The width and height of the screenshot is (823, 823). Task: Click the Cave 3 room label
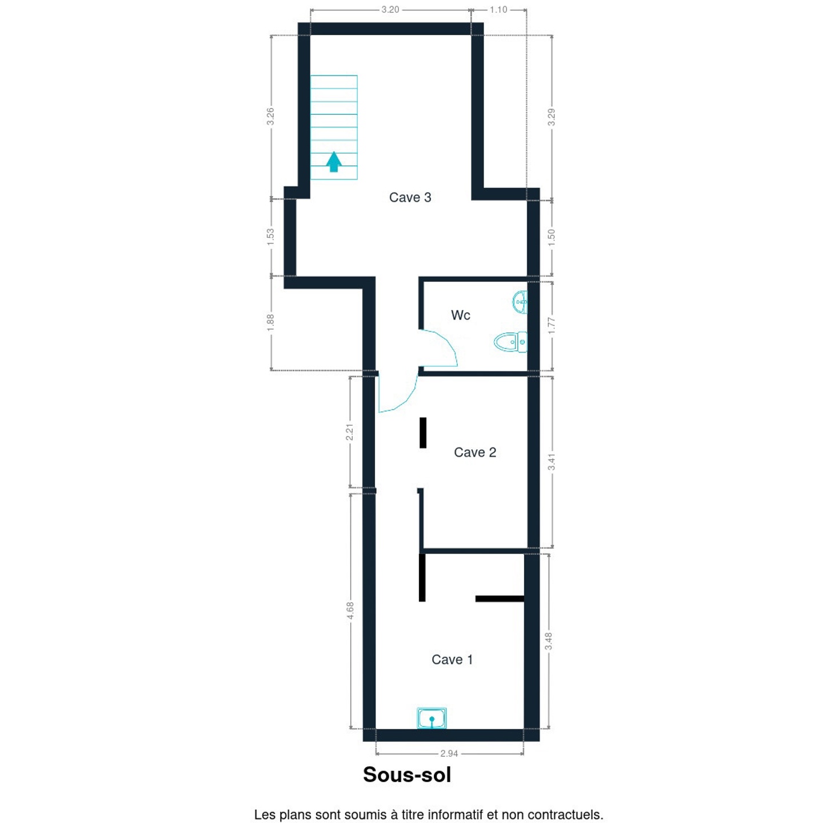pos(410,197)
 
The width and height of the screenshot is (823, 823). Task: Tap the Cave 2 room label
pos(475,452)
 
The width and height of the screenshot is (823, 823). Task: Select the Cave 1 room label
pos(452,660)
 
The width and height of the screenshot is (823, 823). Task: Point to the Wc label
pos(461,315)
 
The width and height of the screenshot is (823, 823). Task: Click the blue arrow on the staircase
pos(334,162)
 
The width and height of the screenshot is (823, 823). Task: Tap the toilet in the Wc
pos(510,342)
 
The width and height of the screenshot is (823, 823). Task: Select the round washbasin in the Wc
pos(520,302)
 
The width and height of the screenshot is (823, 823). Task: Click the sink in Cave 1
pos(432,718)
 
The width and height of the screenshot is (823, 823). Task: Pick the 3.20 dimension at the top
pos(390,10)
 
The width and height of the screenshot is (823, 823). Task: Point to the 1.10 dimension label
pos(498,10)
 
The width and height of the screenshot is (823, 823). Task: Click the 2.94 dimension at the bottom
pos(449,753)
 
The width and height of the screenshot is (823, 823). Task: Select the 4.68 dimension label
pos(350,610)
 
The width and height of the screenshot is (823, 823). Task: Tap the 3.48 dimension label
pos(549,641)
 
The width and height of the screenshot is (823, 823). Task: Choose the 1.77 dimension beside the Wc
pos(552,326)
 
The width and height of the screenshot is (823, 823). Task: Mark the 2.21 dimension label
pos(350,432)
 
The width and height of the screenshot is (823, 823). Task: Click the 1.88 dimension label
pos(270,323)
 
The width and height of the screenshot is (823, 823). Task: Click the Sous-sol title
pos(407,774)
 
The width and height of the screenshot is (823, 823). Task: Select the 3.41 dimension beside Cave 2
pos(552,462)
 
